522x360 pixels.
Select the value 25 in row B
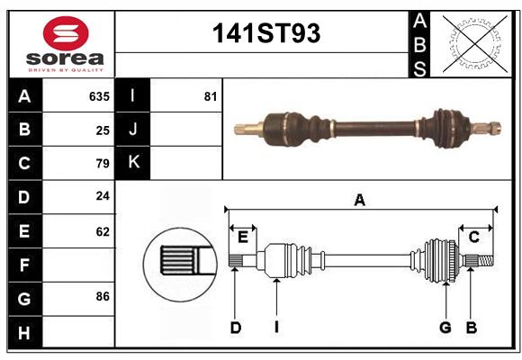(103, 130)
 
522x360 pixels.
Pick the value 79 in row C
(103, 164)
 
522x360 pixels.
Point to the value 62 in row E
(103, 231)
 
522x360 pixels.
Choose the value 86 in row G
(103, 296)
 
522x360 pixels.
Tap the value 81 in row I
(211, 95)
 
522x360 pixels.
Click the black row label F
(24, 265)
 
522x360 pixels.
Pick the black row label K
(132, 163)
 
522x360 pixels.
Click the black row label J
(132, 130)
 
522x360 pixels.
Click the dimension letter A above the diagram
(359, 200)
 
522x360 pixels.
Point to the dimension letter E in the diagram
(242, 237)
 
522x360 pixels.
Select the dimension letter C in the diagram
(473, 237)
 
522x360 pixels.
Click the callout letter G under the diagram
(445, 328)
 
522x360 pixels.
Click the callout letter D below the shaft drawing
(235, 328)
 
